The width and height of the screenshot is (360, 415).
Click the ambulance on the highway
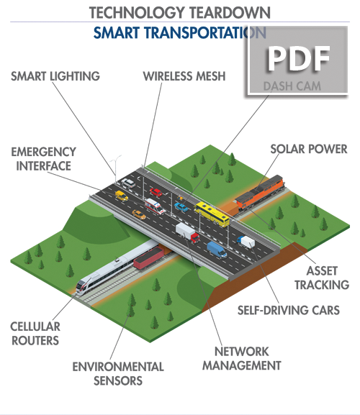coord(155,206)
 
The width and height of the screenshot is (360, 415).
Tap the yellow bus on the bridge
coord(212,214)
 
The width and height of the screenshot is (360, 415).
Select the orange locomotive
coord(260,193)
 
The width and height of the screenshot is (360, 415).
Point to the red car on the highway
coord(156,193)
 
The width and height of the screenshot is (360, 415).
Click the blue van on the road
coord(217,250)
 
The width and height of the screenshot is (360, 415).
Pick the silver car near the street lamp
coord(128,183)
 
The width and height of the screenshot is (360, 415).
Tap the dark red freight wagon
coord(149,257)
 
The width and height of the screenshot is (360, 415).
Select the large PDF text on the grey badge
coord(298,59)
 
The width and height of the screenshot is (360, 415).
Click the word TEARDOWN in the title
coord(230,13)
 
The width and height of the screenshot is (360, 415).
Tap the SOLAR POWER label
coord(309,149)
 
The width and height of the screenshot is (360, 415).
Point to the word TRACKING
coord(322,285)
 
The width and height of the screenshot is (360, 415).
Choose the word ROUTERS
coord(35,340)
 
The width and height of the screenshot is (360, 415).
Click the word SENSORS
coord(118,380)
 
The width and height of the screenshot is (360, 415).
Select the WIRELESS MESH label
coord(184,76)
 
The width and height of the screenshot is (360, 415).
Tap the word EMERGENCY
coord(44,152)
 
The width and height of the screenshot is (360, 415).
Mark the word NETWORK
coord(242,352)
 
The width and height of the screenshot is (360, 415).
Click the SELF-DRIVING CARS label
coord(289,310)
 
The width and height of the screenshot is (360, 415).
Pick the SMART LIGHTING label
coord(55,76)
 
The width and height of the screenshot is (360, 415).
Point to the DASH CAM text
coord(292,86)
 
